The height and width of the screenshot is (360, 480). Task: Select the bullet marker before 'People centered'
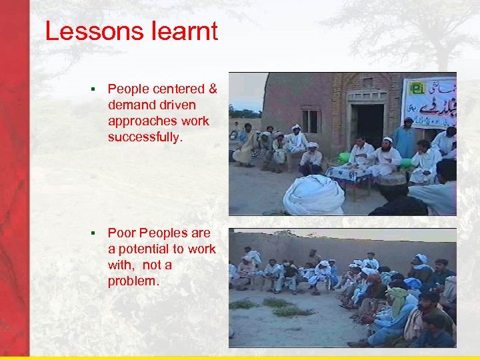[x=95, y=89]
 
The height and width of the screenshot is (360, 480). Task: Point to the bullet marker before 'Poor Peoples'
[x=95, y=233]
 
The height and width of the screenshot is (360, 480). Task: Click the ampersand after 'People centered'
[x=213, y=89]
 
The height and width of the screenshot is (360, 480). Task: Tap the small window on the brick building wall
[x=310, y=121]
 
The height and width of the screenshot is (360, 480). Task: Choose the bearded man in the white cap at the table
[x=387, y=157]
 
